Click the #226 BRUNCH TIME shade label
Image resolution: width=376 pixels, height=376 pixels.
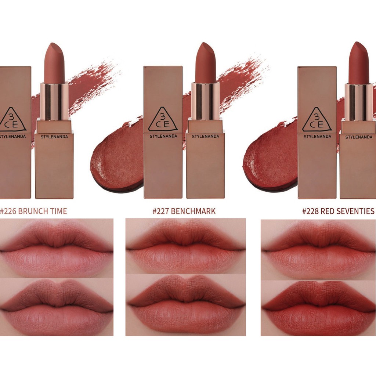point(34,211)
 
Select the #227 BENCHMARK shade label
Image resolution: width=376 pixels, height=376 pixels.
point(184,211)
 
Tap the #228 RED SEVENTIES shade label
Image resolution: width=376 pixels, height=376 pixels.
point(338,211)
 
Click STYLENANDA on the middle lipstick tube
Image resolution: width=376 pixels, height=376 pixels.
point(205,137)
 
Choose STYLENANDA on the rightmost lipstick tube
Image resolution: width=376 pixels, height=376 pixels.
point(359,137)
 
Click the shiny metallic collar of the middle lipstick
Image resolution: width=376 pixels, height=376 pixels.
point(205,101)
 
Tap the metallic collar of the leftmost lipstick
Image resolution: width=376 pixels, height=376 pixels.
point(54,101)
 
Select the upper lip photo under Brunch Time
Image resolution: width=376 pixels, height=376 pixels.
point(57,248)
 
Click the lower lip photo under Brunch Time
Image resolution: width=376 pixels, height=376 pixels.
point(57,307)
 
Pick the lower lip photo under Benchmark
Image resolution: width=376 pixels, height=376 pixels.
point(185,305)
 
